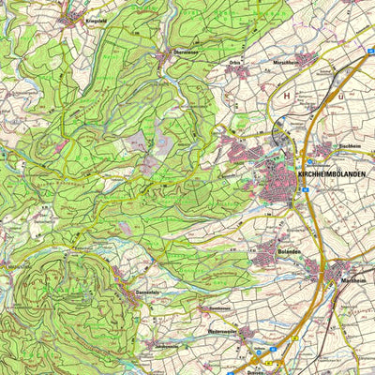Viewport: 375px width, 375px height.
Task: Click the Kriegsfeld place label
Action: click(x=74, y=19)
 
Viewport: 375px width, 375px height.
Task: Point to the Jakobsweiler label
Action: click(x=165, y=343)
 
